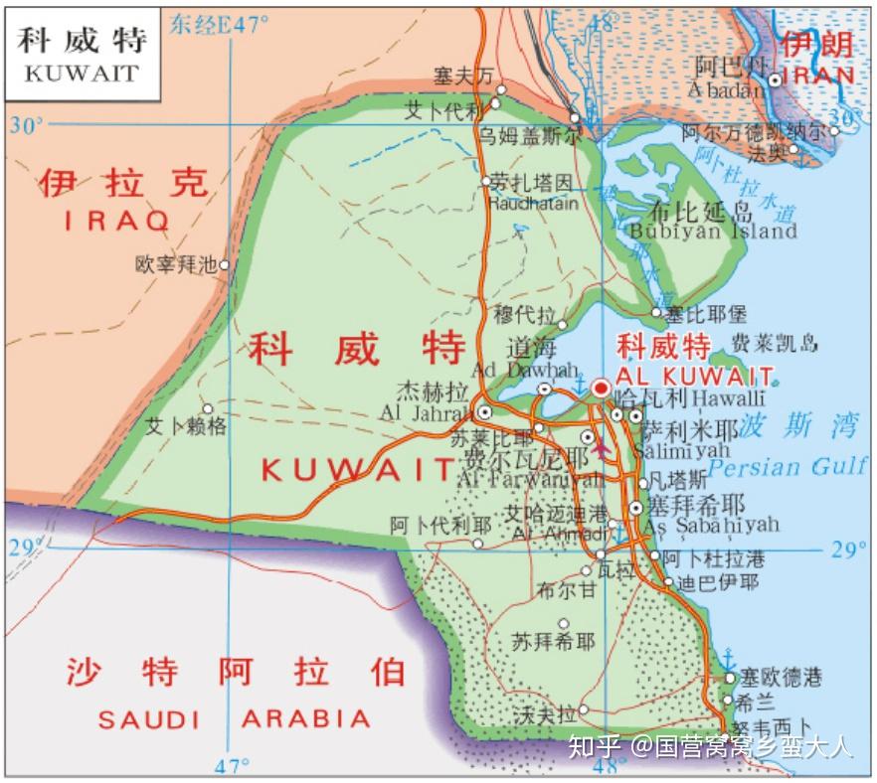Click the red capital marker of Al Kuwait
coord(601,388)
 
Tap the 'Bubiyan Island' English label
coord(713,232)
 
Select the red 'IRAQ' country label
coord(117,220)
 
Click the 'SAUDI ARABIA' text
coord(234,718)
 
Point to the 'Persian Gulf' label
coord(788,467)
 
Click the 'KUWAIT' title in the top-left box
coord(81,73)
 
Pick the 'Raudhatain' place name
coord(533,203)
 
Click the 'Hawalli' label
coord(728,397)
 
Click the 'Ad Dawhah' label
coord(524,370)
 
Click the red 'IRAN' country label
coord(817,76)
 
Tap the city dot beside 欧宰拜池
coord(225,264)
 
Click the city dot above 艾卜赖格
coord(208,408)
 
